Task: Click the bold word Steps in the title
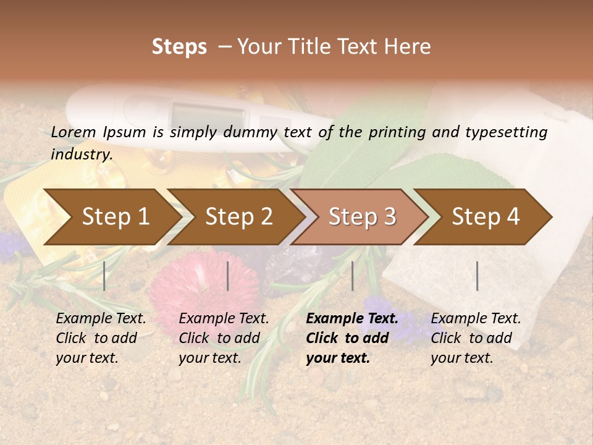click(179, 47)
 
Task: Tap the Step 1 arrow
click(111, 217)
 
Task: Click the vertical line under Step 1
click(104, 276)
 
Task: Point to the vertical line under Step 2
click(228, 276)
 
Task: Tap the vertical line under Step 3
click(353, 276)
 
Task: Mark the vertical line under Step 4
click(477, 276)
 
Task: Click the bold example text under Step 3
click(351, 338)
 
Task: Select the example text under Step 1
click(101, 338)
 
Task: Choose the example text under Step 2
click(224, 338)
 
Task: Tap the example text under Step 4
click(476, 338)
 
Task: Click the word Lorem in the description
click(74, 132)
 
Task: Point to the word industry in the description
click(81, 154)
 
